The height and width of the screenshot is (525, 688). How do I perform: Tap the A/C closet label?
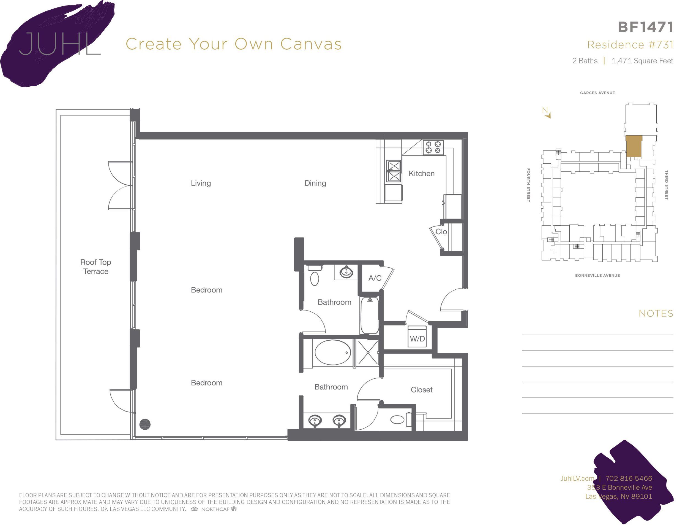[x=375, y=278]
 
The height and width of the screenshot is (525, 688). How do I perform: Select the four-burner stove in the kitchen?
[x=433, y=147]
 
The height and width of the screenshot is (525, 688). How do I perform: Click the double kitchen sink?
[x=394, y=171]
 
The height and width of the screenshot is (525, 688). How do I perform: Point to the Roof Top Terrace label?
[x=95, y=266]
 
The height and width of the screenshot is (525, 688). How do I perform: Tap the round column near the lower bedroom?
[x=145, y=424]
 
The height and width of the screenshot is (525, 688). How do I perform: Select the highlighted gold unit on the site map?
[x=634, y=146]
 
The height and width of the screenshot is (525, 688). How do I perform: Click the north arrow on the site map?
[x=547, y=113]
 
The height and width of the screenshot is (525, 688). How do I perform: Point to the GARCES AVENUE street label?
[x=597, y=93]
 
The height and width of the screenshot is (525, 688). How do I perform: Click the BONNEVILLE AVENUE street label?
[x=597, y=275]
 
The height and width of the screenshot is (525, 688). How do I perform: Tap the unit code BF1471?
[x=645, y=27]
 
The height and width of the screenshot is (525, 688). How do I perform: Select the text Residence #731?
[x=630, y=45]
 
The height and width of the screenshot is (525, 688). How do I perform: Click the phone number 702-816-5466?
[x=629, y=478]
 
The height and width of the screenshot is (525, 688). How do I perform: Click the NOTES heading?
[x=656, y=313]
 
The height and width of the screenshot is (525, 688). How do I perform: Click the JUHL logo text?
[x=59, y=44]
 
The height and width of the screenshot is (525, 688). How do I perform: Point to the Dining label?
[x=315, y=183]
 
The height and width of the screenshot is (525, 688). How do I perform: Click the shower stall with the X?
[x=368, y=352]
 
